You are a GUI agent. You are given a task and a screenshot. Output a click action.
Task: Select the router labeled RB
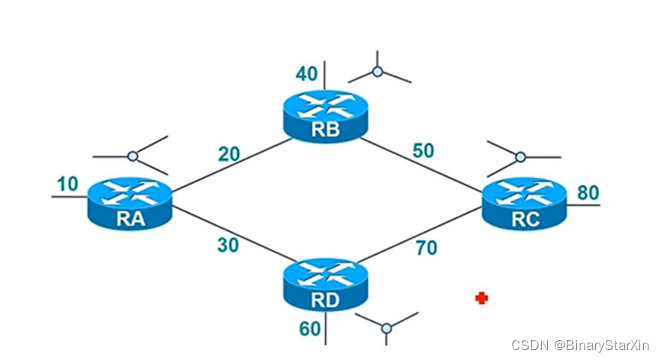(324, 116)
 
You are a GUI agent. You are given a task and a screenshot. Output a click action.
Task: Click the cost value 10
(68, 185)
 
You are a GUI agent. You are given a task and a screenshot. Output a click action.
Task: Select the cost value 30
(227, 246)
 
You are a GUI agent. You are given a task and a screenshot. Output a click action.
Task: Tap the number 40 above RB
(306, 73)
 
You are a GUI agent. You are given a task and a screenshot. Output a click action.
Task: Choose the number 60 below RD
(308, 329)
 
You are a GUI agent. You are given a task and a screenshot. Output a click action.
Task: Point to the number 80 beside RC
(588, 191)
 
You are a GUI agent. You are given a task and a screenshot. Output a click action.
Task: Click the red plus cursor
(481, 298)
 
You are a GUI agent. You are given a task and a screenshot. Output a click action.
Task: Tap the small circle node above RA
(133, 156)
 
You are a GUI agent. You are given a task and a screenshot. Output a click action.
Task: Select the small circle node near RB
(377, 72)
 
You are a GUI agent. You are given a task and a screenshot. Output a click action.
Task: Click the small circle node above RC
(520, 157)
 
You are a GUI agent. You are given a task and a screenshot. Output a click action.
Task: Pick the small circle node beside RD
(386, 328)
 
